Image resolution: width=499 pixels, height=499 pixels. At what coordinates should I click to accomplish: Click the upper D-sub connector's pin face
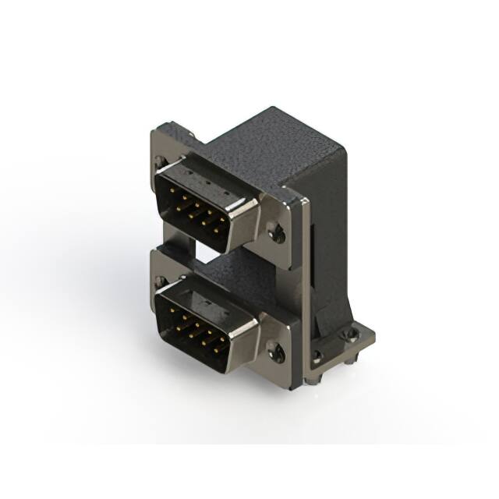(192, 207)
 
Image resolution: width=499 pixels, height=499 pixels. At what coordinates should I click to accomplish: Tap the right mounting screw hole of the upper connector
(275, 232)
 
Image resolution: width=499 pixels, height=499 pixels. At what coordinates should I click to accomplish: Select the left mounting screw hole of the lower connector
(160, 281)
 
